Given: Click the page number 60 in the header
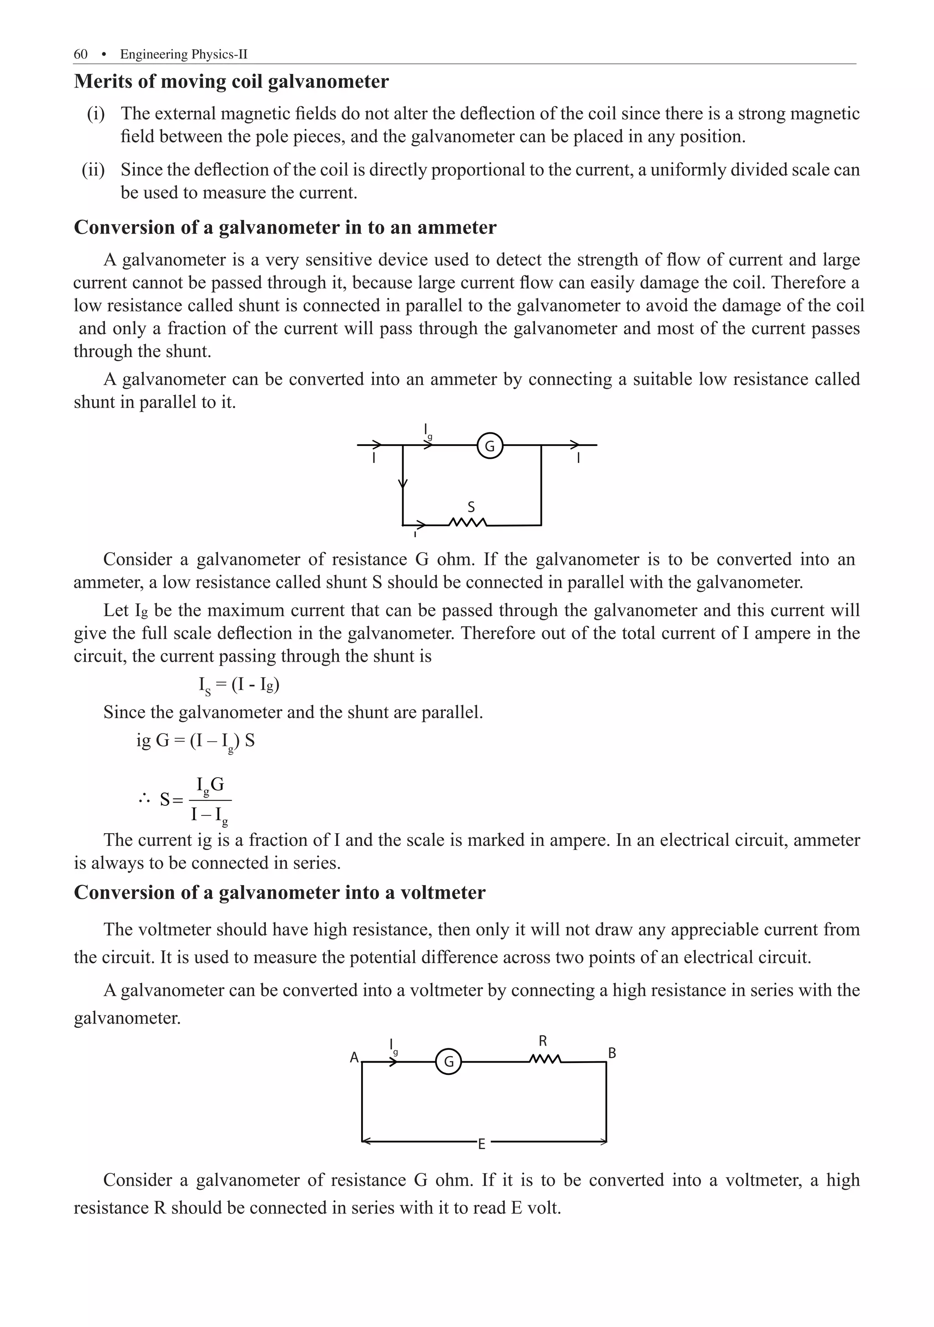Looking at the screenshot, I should point(80,54).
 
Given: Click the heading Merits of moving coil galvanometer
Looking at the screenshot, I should point(231,82).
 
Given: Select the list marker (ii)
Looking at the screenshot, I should point(93,170).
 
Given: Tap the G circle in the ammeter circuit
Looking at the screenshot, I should point(489,446).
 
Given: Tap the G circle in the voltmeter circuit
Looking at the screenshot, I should point(448,1062).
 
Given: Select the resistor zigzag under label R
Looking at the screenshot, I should point(544,1059).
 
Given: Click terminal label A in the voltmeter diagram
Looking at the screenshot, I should point(354,1057).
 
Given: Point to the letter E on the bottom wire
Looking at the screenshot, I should point(482,1144).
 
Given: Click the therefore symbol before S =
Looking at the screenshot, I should point(144,800).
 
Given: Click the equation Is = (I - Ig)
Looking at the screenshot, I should point(239,685).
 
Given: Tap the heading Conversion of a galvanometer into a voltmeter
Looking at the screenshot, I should point(280,893).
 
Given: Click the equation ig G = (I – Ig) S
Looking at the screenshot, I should point(195,741).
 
